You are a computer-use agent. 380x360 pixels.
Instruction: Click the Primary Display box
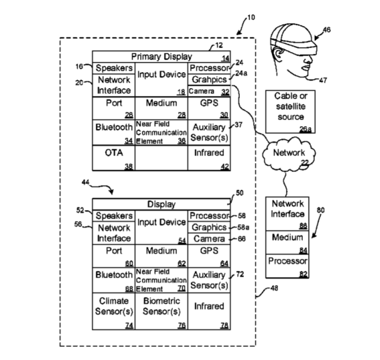click(x=162, y=57)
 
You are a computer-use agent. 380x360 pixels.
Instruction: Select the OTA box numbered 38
click(x=113, y=158)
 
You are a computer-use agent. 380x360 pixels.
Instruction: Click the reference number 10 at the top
click(x=251, y=18)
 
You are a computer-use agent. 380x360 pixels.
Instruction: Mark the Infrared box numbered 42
click(x=209, y=158)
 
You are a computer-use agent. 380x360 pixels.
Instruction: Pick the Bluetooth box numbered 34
click(x=113, y=132)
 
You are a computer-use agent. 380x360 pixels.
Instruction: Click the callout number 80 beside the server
click(x=321, y=211)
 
